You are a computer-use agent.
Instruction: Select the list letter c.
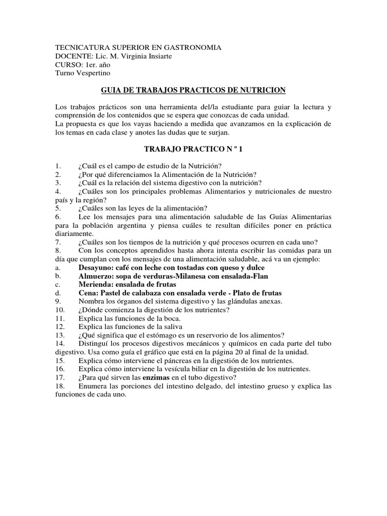tap(58, 285)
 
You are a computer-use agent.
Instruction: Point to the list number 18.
tap(60, 386)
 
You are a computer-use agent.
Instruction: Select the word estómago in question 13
tap(155, 336)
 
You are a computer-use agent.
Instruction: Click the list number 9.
tap(58, 301)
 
